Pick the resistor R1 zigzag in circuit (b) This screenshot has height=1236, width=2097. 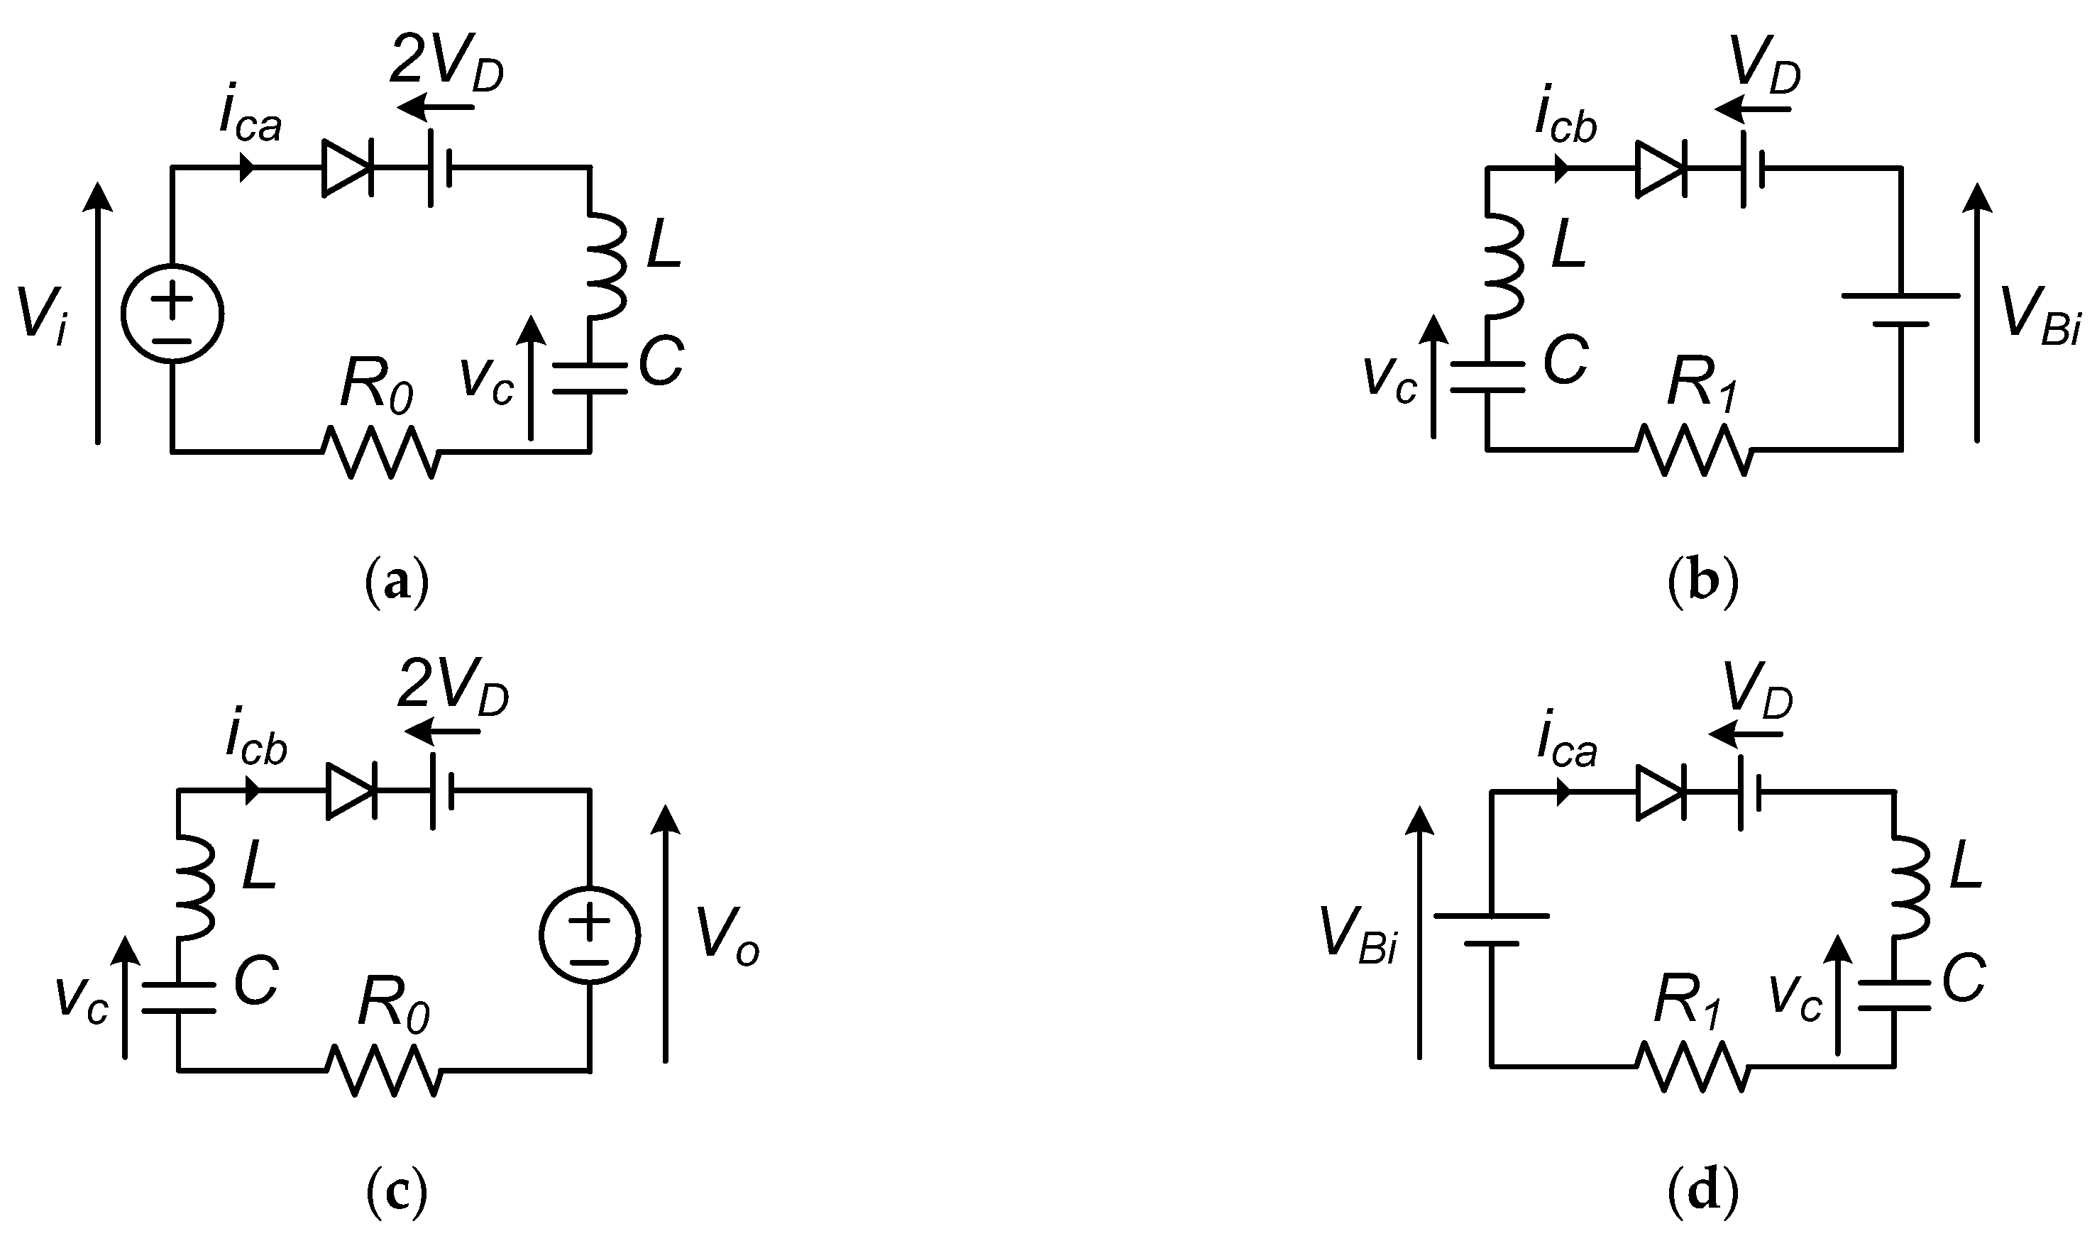(1695, 451)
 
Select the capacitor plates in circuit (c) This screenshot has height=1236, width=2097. (177, 998)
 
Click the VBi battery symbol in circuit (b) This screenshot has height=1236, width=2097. (1901, 309)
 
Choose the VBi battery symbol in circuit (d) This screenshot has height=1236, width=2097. (1492, 929)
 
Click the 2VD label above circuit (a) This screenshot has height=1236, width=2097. (447, 61)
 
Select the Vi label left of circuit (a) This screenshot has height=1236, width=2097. (42, 316)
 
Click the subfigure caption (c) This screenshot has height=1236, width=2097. (397, 1193)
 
